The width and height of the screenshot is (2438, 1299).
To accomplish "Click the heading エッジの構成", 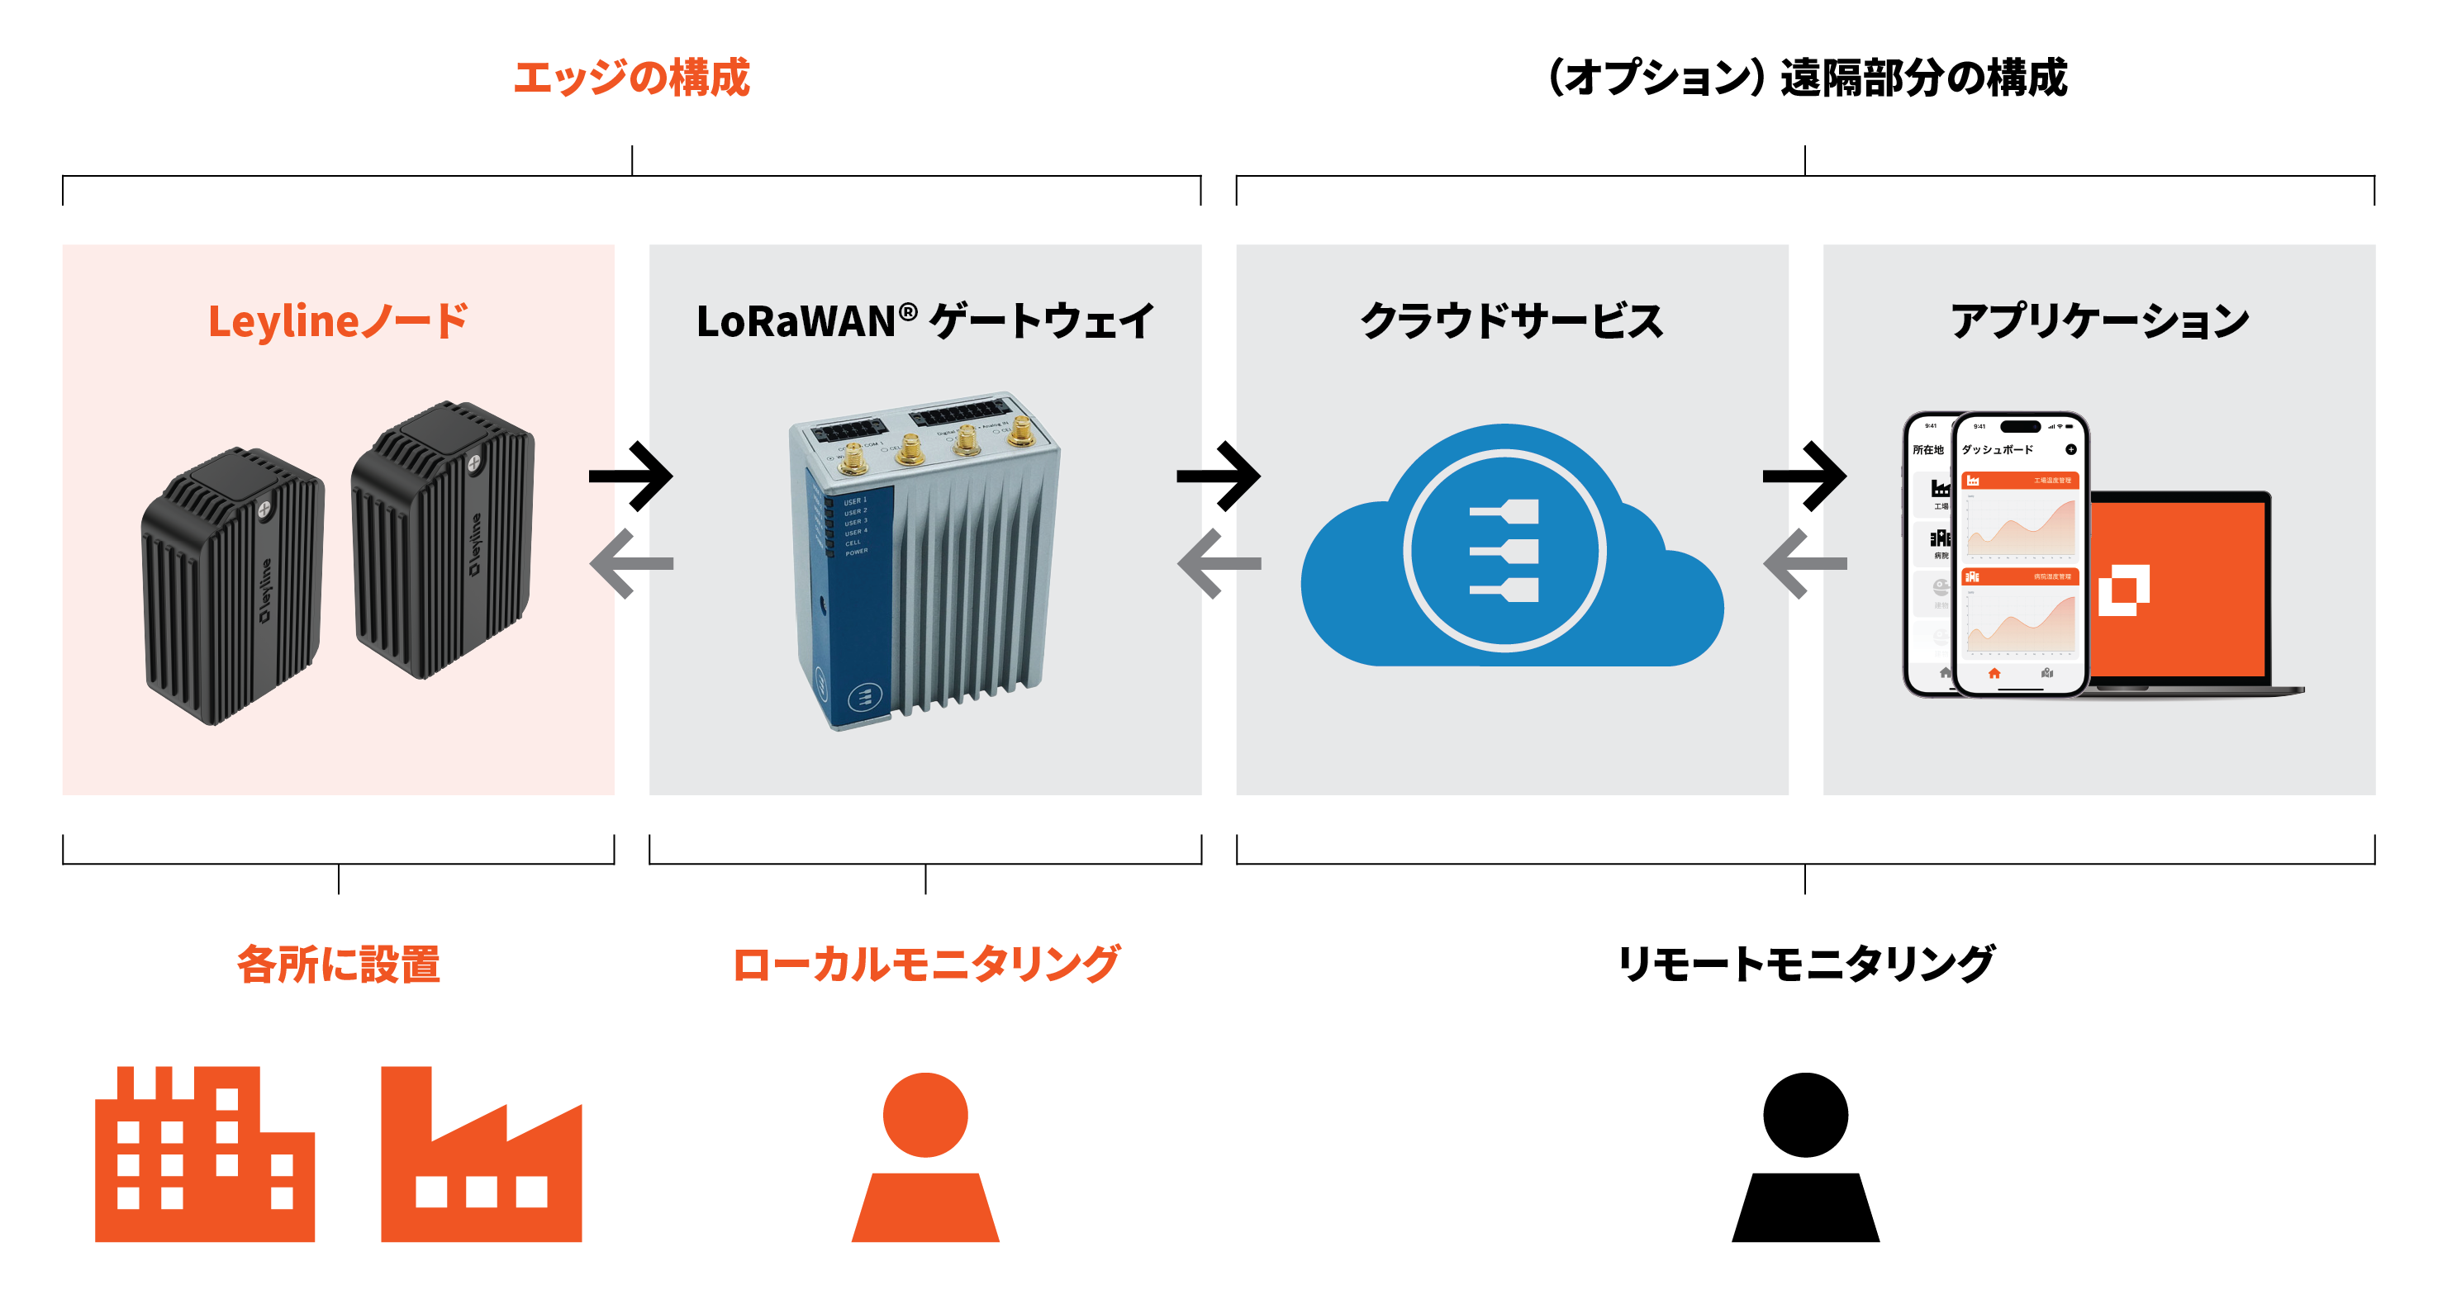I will (631, 78).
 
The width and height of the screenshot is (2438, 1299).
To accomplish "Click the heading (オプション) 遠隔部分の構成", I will (1806, 78).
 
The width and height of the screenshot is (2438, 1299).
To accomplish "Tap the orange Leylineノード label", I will (338, 322).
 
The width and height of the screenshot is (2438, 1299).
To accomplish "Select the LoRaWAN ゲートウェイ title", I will (924, 322).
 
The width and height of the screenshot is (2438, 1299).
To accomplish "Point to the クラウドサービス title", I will (1511, 322).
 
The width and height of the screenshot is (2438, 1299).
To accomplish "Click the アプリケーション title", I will (2099, 322).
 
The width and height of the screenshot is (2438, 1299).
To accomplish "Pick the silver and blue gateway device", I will (924, 558).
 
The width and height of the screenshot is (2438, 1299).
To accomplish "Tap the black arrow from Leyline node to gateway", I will (631, 476).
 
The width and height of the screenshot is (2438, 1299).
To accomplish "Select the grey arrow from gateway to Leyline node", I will (631, 564).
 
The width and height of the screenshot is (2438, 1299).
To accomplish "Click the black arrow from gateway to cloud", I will (1219, 476).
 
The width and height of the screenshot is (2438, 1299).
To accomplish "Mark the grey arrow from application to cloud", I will (1805, 564).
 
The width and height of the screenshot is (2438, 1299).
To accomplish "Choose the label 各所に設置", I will (338, 964).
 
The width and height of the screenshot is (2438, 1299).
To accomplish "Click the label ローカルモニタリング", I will (925, 964).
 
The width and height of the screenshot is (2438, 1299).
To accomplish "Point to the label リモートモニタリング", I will (1806, 964).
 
